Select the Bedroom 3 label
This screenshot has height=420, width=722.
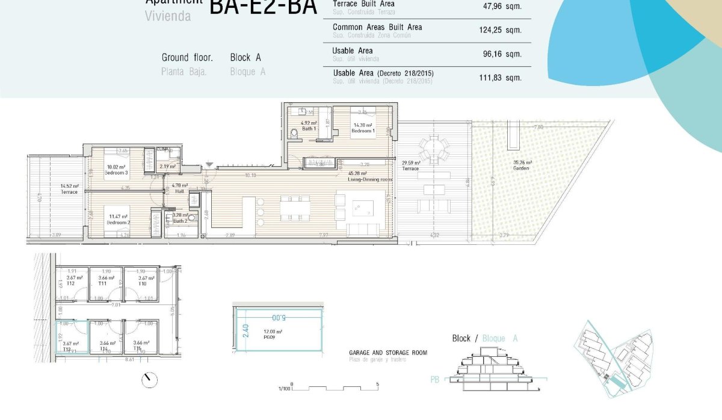116,173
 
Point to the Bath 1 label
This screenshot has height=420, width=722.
309,129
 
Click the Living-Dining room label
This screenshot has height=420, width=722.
370,179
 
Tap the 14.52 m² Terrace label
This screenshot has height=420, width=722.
69,192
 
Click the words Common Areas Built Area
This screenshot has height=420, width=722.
377,27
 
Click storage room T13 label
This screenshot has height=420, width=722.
67,349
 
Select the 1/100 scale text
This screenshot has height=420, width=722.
284,389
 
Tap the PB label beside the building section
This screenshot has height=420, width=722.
435,379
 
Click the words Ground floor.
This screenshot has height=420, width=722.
187,58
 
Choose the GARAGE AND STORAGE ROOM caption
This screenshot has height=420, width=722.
388,353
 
